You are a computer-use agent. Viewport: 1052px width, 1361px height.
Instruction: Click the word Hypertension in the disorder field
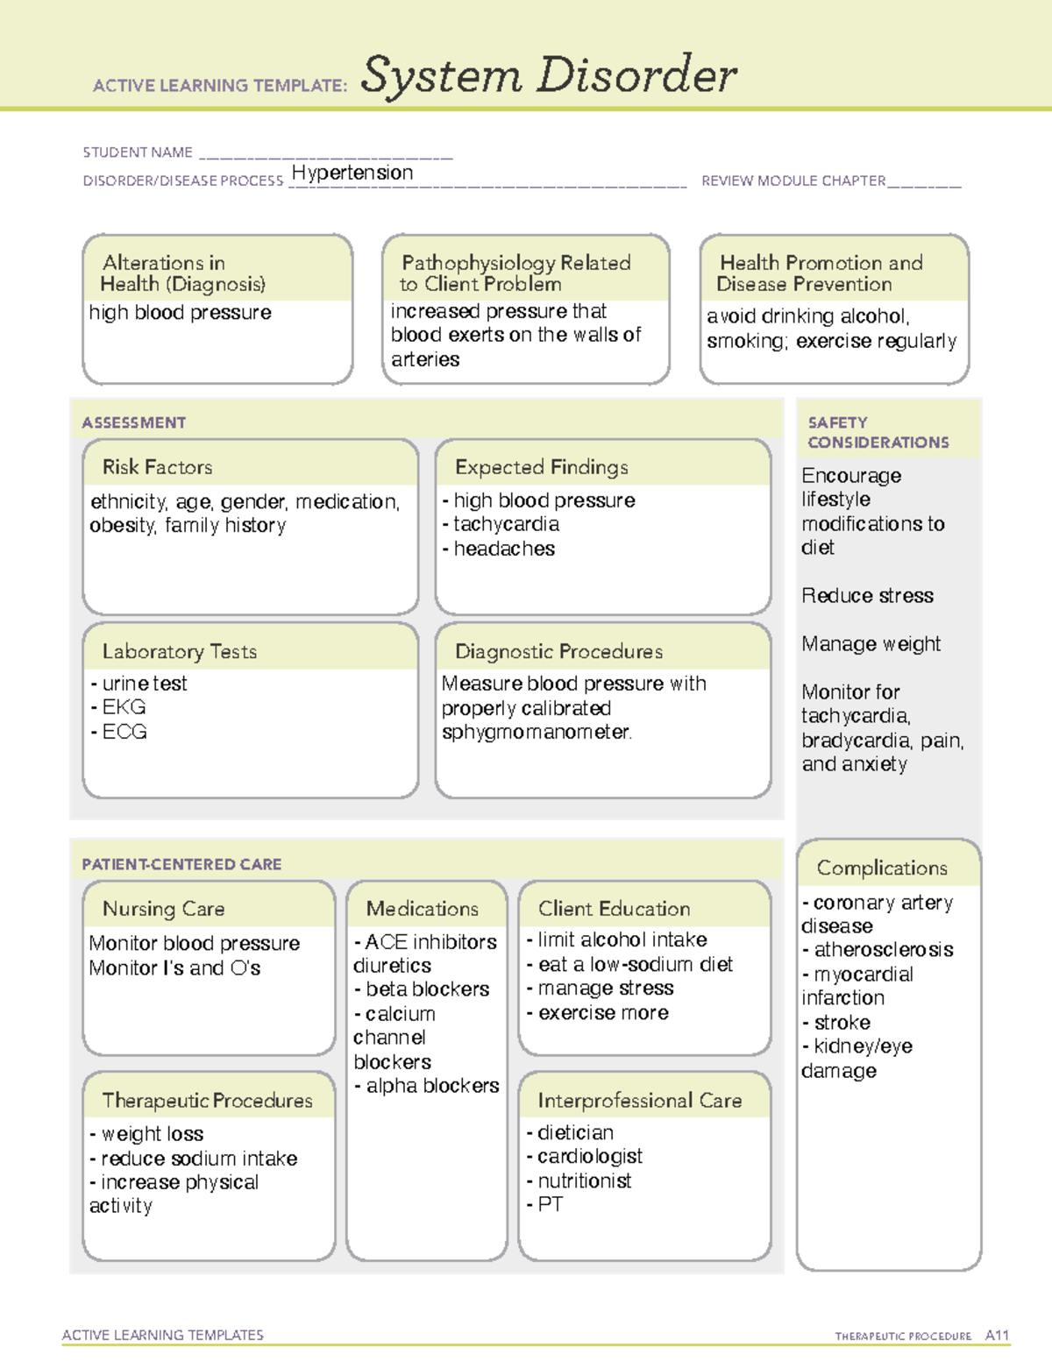click(x=352, y=173)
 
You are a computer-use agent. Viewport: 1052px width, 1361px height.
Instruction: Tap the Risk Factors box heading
click(x=157, y=467)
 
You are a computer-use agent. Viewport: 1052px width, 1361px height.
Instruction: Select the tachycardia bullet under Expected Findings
click(x=506, y=524)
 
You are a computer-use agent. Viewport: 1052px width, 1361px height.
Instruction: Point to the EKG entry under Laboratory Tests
click(x=124, y=707)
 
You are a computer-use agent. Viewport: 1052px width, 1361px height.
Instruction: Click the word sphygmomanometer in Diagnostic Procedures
click(x=536, y=732)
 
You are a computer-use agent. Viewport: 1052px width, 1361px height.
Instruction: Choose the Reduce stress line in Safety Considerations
click(x=867, y=596)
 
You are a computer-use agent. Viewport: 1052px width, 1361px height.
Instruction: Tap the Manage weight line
click(x=871, y=644)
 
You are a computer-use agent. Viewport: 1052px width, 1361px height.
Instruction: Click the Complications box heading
click(x=882, y=868)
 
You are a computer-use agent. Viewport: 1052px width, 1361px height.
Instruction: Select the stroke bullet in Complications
click(x=842, y=1023)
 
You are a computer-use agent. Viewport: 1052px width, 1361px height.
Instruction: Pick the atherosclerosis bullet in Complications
click(x=883, y=950)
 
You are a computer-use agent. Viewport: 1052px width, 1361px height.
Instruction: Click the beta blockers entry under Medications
click(x=427, y=989)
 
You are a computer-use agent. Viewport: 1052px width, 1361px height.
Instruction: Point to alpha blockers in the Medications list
click(x=432, y=1086)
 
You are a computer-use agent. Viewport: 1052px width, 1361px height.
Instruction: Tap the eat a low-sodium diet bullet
click(x=635, y=965)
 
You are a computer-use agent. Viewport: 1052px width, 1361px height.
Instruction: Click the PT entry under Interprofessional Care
click(x=550, y=1205)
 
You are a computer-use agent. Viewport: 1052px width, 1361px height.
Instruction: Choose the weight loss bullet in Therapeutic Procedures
click(x=152, y=1134)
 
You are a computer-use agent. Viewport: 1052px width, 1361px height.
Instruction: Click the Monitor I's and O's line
click(x=174, y=968)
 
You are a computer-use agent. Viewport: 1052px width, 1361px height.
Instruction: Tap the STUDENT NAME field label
click(x=138, y=152)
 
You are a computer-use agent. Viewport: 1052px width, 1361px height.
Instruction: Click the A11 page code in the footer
click(x=997, y=1336)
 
